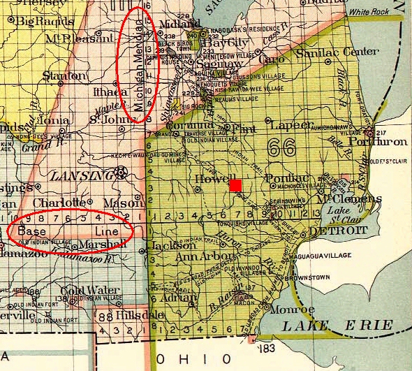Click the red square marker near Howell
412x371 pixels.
tap(235, 185)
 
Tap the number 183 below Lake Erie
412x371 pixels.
tap(267, 348)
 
